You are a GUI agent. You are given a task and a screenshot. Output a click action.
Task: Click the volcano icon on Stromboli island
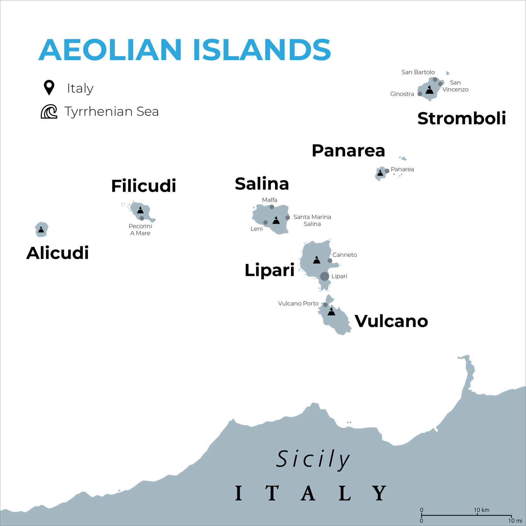click(x=429, y=90)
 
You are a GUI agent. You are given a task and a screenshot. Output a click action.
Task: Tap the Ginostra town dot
click(x=420, y=94)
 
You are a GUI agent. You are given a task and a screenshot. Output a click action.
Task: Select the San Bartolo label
click(x=418, y=72)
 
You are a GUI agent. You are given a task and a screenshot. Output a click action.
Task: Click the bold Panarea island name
click(x=348, y=151)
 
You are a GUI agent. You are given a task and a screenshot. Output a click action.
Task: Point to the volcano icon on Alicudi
click(x=41, y=230)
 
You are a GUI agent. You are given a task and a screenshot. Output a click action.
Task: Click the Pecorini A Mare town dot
click(x=142, y=218)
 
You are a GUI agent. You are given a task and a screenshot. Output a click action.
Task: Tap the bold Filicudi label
click(x=143, y=186)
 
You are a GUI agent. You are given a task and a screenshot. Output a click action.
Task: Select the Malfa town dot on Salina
click(x=272, y=207)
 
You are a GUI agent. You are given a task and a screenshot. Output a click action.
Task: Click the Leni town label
click(x=256, y=229)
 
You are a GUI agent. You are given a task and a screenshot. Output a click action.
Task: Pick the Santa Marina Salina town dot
click(x=288, y=218)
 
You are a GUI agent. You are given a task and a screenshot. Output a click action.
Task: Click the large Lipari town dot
click(x=324, y=276)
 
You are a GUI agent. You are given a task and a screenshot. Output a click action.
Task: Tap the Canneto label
click(x=345, y=255)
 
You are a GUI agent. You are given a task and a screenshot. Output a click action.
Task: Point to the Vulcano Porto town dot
click(x=325, y=305)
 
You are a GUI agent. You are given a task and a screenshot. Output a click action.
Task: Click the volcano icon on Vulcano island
click(x=331, y=312)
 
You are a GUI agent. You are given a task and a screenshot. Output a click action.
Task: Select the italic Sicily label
click(x=313, y=460)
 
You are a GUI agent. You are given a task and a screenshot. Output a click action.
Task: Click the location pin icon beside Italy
click(x=49, y=88)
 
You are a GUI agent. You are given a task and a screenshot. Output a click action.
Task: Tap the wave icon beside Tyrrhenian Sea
click(x=49, y=112)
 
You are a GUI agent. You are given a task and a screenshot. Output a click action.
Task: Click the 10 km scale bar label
click(x=481, y=510)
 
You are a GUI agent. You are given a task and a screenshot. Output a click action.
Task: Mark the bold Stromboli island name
click(x=461, y=119)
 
